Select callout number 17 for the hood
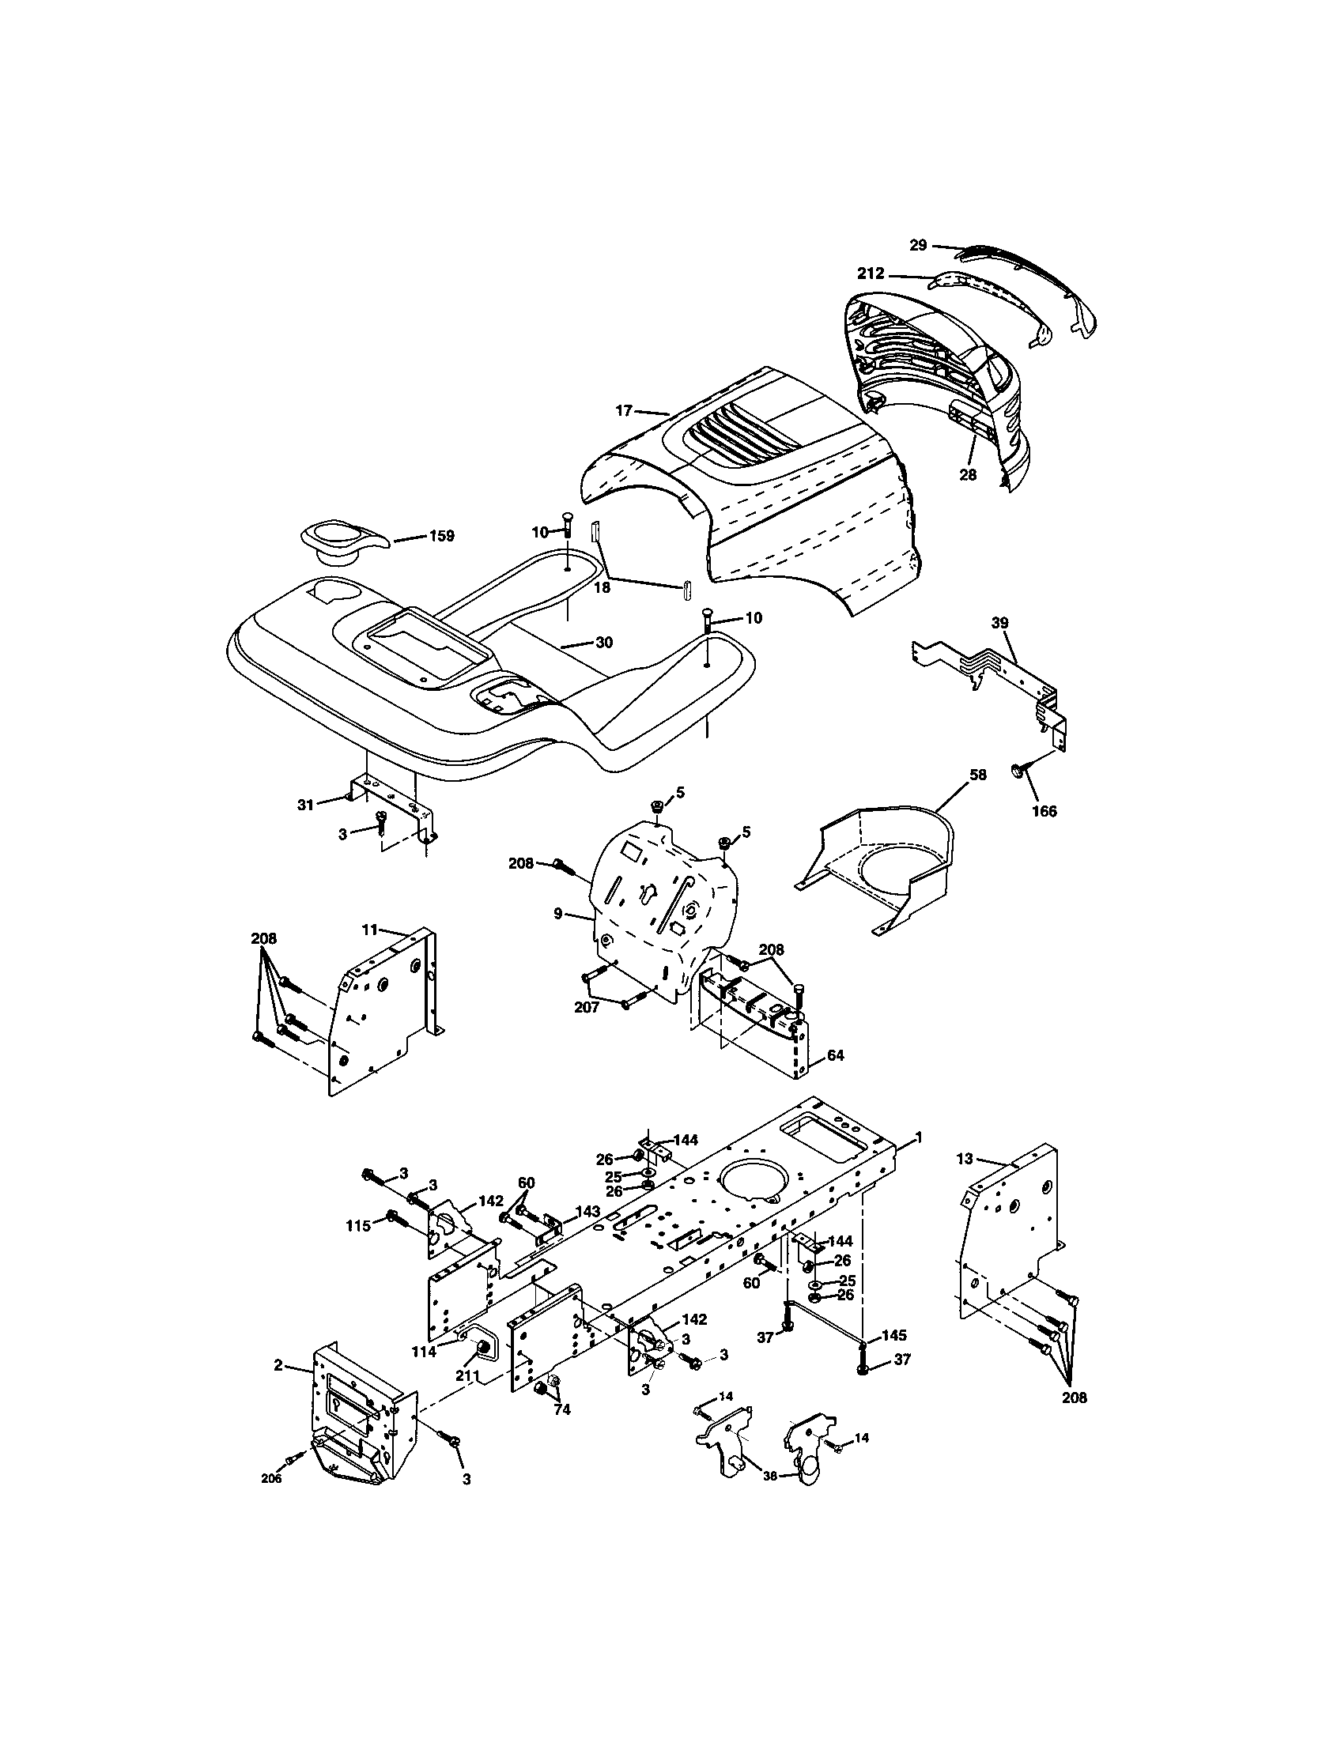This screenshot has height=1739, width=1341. pyautogui.click(x=624, y=411)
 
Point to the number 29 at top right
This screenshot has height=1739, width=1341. pyautogui.click(x=918, y=245)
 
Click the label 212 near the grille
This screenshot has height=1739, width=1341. pyautogui.click(x=871, y=274)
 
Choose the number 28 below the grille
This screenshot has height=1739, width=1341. pyautogui.click(x=969, y=475)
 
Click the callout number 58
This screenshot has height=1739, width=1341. pyautogui.click(x=979, y=775)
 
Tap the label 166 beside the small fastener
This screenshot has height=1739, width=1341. pyautogui.click(x=1044, y=811)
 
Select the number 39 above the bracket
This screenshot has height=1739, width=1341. pyautogui.click(x=999, y=623)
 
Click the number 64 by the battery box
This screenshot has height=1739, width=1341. pyautogui.click(x=835, y=1056)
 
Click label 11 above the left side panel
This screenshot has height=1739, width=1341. pyautogui.click(x=369, y=930)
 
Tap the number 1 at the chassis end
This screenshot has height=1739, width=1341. pyautogui.click(x=919, y=1139)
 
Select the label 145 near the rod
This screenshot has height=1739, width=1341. pyautogui.click(x=893, y=1335)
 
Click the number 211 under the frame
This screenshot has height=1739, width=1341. pyautogui.click(x=467, y=1375)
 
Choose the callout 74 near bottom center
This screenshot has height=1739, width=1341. pyautogui.click(x=562, y=1409)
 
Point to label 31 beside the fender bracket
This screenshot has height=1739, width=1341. pyautogui.click(x=306, y=805)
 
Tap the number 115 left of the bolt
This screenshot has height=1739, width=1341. pyautogui.click(x=357, y=1226)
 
